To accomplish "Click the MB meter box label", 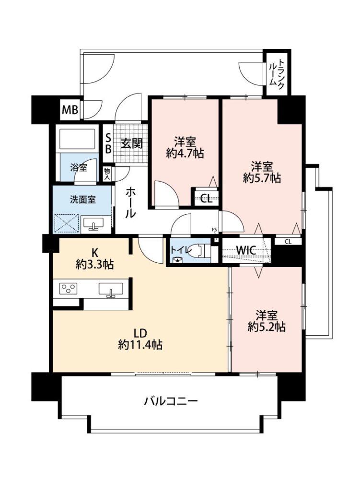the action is [x=70, y=110].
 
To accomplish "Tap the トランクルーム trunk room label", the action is [x=277, y=72].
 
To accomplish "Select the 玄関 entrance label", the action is [x=132, y=143].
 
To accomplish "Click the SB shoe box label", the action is [x=108, y=143].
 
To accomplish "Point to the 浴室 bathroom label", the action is [x=79, y=168].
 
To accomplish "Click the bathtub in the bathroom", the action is [x=77, y=139].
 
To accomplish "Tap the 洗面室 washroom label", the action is [x=82, y=199].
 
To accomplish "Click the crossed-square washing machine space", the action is [x=66, y=223].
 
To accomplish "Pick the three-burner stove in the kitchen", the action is [x=69, y=288].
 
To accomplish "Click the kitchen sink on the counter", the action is [x=111, y=289].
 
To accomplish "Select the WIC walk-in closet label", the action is [x=246, y=250].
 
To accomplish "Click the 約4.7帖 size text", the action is [x=186, y=153].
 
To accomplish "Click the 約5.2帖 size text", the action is [x=267, y=327].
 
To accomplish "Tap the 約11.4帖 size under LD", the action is [x=140, y=345].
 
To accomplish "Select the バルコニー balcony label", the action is [x=171, y=401].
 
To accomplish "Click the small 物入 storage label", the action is [x=107, y=174].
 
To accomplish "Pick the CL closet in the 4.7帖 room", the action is [x=206, y=198].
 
